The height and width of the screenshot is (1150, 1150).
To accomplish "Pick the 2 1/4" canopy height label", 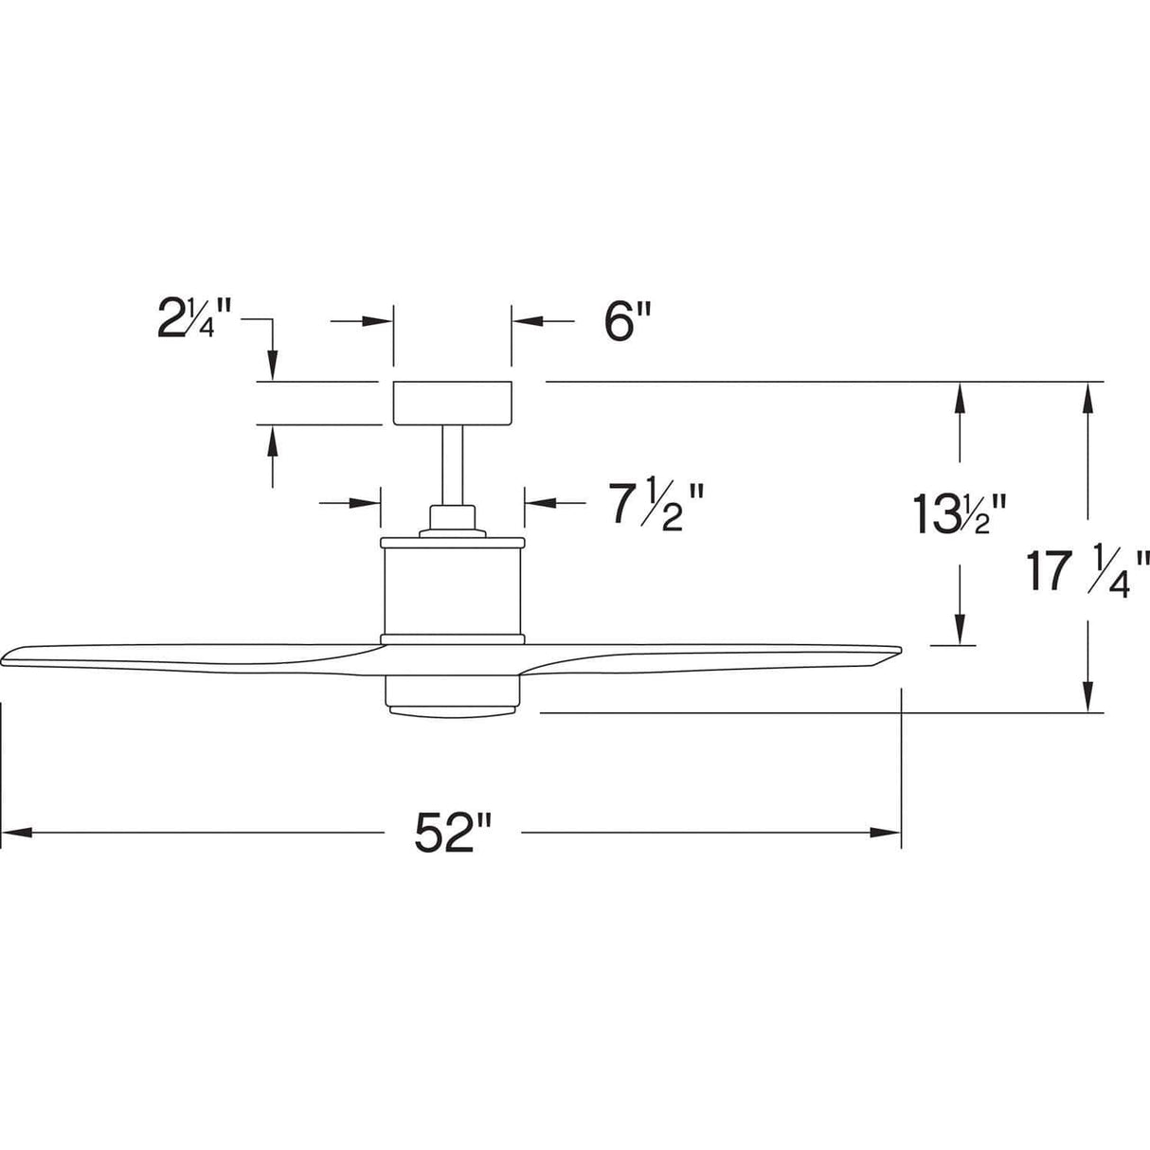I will tap(193, 322).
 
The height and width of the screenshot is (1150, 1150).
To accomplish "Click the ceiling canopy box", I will tap(452, 403).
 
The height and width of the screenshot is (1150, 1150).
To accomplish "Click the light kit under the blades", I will tap(452, 694).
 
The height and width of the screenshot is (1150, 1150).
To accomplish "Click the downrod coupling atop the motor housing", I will tap(452, 519).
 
